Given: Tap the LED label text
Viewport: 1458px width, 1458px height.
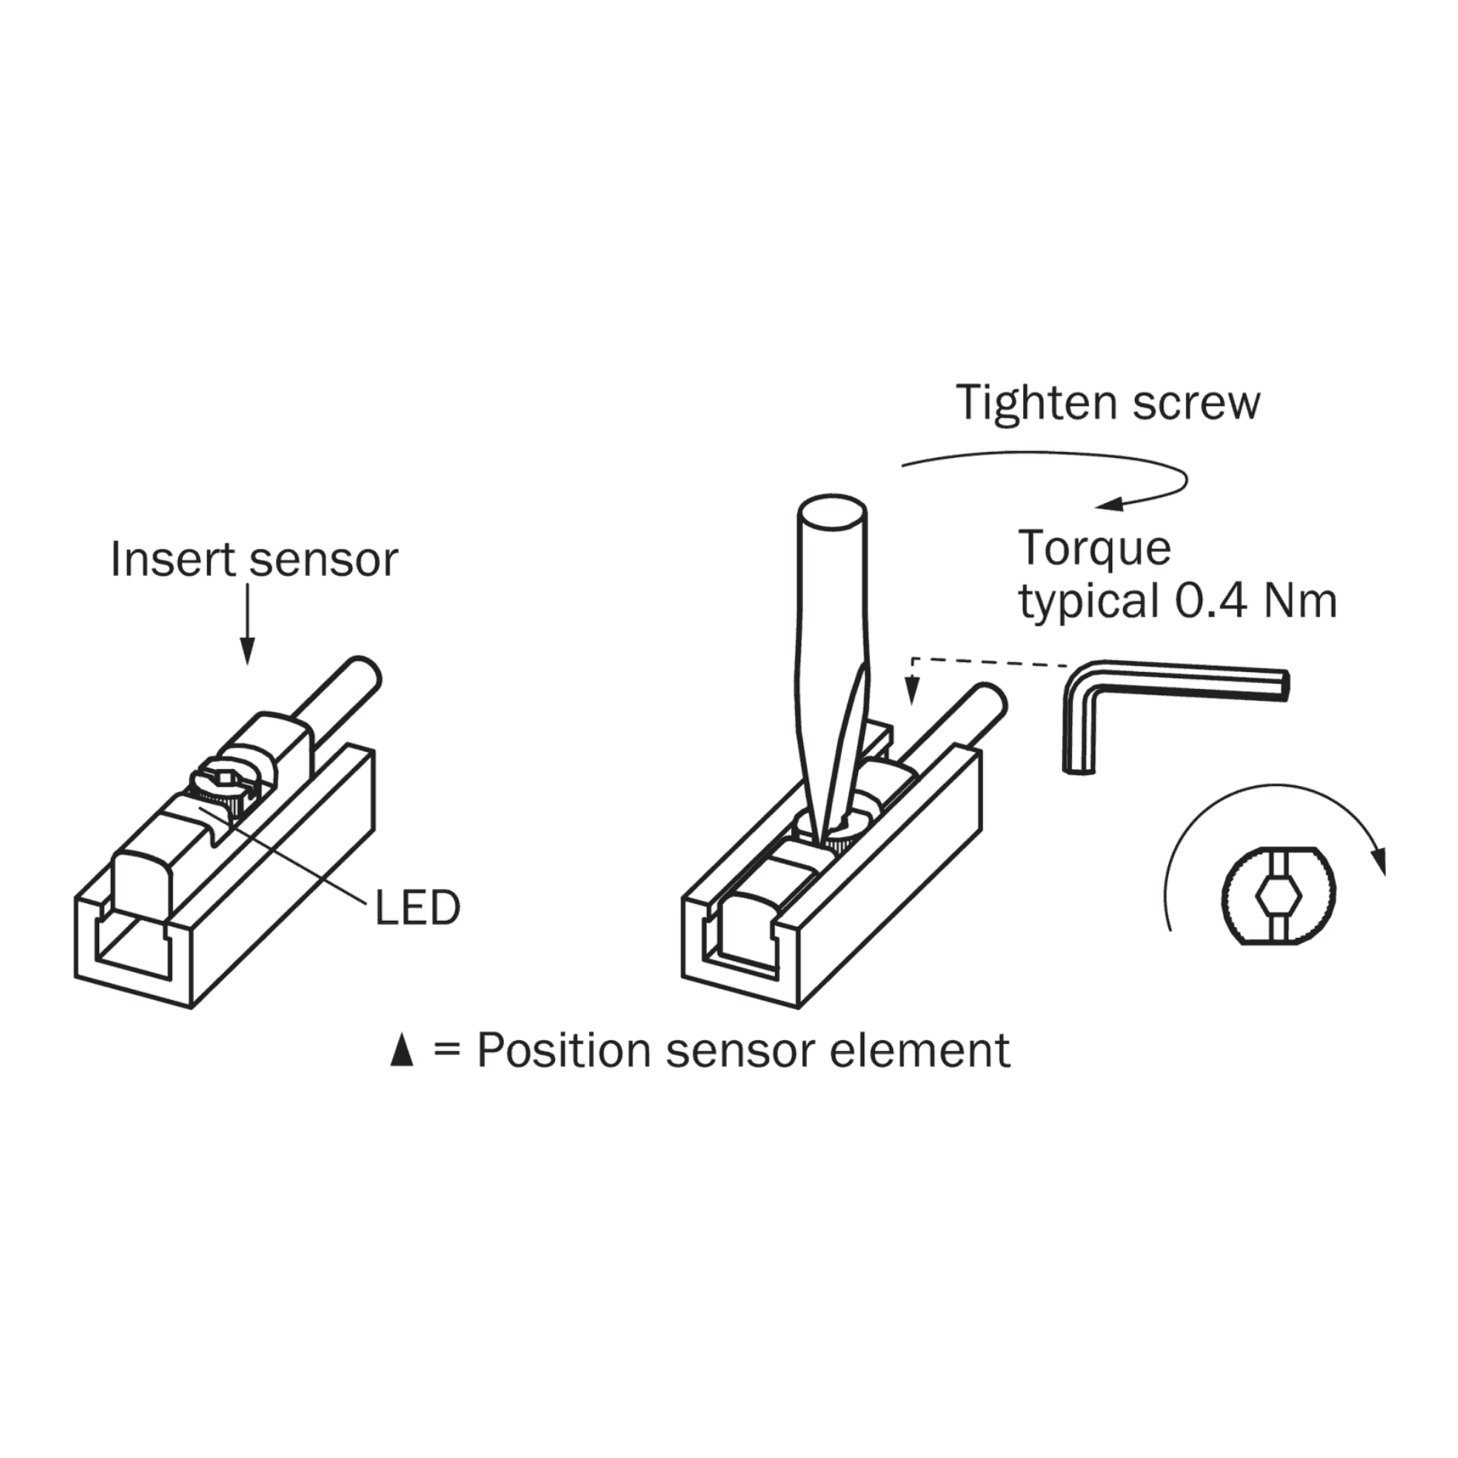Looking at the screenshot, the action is click(x=417, y=908).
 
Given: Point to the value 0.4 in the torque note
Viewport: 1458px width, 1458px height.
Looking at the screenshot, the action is click(x=1211, y=601).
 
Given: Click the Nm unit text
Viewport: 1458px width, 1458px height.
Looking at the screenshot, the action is click(x=1300, y=601).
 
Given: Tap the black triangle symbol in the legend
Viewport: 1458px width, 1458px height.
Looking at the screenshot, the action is click(x=402, y=1052).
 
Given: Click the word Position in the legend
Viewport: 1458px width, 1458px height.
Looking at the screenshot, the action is click(x=564, y=1051).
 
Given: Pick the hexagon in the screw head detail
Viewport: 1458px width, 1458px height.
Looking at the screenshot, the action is click(x=1278, y=898).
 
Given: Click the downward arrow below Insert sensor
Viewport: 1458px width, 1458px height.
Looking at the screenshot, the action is click(x=247, y=624).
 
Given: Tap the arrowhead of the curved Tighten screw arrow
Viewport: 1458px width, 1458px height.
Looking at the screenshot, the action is click(x=1110, y=505).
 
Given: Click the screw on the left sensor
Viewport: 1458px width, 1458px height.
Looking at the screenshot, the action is click(x=224, y=786).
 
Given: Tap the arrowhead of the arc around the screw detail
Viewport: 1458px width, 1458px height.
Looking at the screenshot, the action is click(x=1377, y=860).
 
